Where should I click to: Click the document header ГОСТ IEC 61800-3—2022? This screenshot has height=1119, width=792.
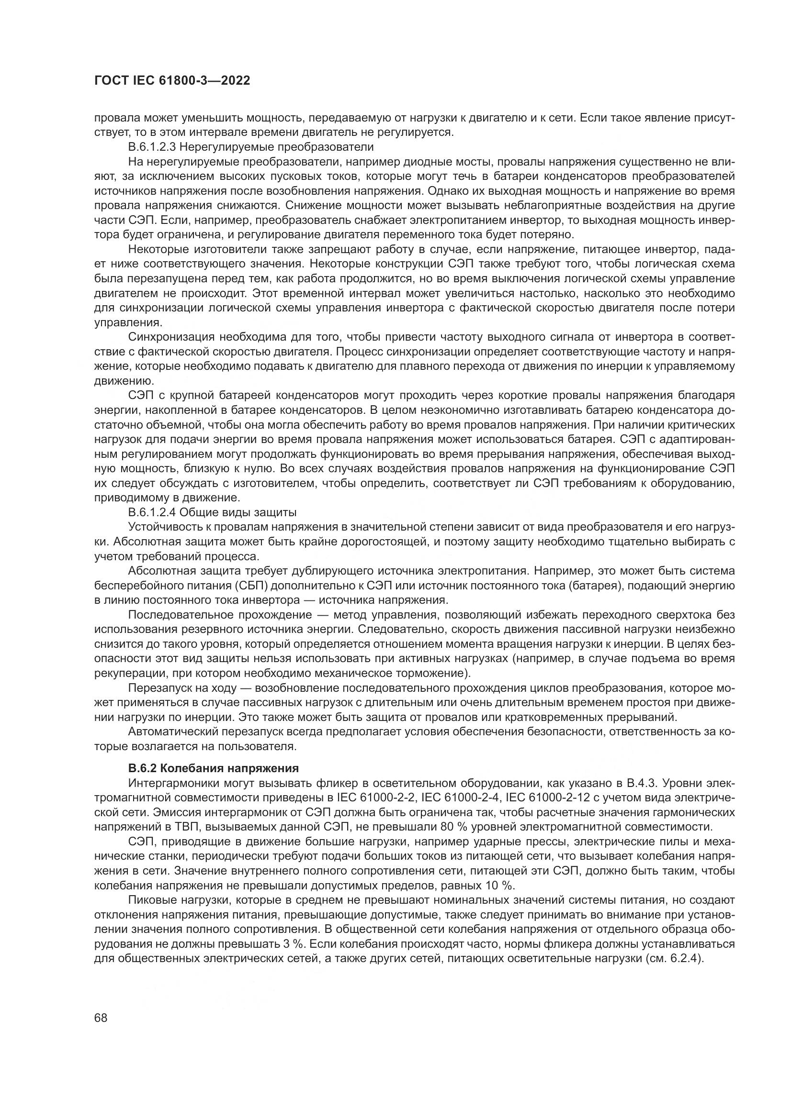tap(172, 81)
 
